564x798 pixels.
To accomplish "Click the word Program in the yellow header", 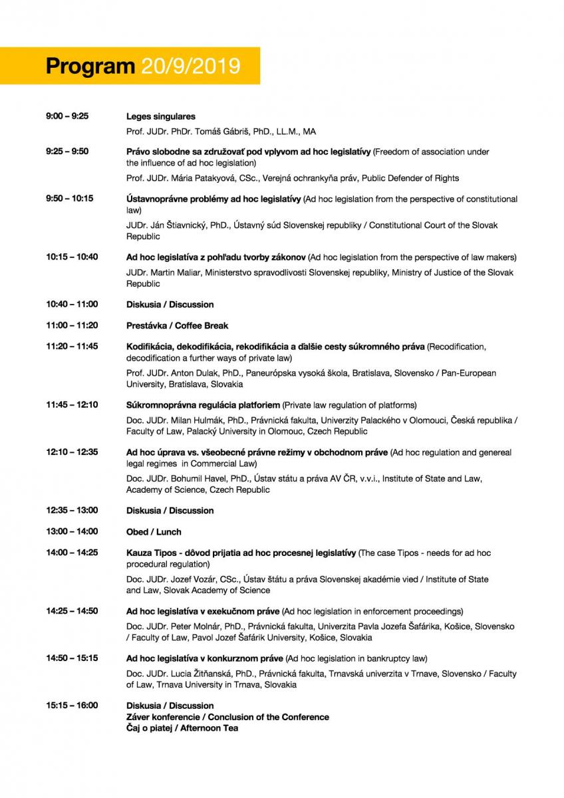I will coord(90,66).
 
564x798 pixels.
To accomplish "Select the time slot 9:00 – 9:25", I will coord(67,116).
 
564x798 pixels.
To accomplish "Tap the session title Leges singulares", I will coord(161,116).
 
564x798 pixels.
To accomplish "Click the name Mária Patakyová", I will coord(200,178).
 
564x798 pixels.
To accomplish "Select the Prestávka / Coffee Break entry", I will coord(177,326).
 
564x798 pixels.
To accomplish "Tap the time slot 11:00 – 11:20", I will coord(72,326).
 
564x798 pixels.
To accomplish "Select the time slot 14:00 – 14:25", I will coord(72,553).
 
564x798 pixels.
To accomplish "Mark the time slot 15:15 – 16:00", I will coord(72,706).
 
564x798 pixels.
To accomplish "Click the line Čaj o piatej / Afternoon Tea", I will coord(182,728).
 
